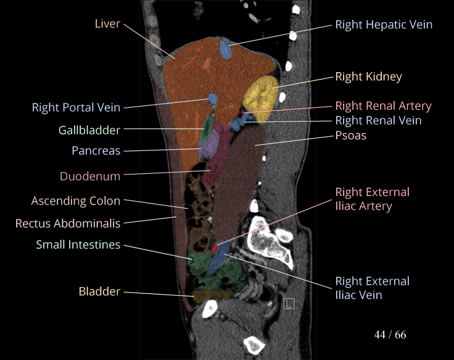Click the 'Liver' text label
tap(107, 24)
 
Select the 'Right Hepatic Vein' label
tap(384, 25)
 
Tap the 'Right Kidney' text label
tap(368, 76)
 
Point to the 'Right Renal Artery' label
tap(383, 105)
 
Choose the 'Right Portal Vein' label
tap(76, 108)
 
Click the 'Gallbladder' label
tap(89, 130)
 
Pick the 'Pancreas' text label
tap(96, 150)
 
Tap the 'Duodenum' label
tap(90, 176)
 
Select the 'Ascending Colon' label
tap(76, 201)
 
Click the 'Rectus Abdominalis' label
tap(68, 223)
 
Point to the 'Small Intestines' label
tap(78, 245)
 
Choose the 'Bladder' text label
tap(99, 291)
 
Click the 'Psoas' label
tap(350, 135)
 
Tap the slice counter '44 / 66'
tap(390, 335)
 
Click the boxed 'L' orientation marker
tap(289, 303)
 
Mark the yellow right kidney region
tap(262, 97)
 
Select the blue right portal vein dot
tap(213, 99)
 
